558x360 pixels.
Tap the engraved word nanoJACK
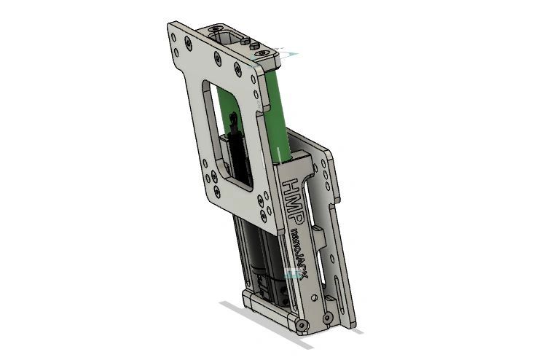point(298,253)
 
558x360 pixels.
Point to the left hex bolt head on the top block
point(245,42)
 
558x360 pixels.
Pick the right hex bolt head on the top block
point(254,47)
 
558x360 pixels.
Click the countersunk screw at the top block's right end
point(264,52)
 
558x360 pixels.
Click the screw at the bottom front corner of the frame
point(302,325)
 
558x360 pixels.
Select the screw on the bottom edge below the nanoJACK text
point(326,317)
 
